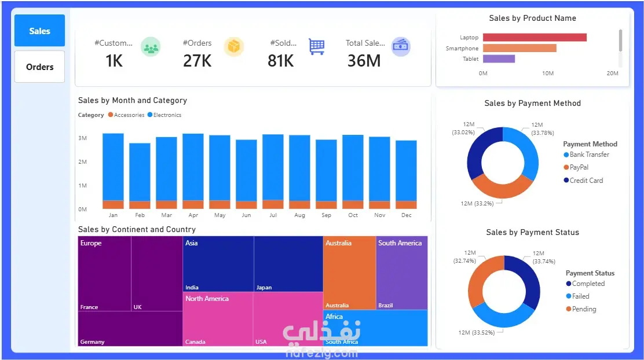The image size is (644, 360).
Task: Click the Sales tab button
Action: [x=39, y=31]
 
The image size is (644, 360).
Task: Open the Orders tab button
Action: [x=39, y=67]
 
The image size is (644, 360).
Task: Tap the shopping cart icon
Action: [x=316, y=46]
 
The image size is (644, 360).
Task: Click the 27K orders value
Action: [x=197, y=61]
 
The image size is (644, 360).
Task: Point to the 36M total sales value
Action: [x=364, y=61]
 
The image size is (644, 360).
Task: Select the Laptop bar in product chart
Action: [x=535, y=38]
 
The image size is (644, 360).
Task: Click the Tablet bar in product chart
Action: [x=499, y=58]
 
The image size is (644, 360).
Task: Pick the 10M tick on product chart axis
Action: [x=548, y=74]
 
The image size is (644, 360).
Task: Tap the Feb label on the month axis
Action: [x=140, y=215]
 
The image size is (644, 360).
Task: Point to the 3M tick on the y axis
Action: [x=83, y=138]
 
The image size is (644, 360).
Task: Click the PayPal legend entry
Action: [x=579, y=167]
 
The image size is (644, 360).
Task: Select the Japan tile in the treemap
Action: [x=288, y=263]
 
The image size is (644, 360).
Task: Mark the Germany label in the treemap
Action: [x=93, y=342]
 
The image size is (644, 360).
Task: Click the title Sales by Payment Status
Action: [x=532, y=232]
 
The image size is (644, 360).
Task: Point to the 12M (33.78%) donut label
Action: [x=537, y=128]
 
